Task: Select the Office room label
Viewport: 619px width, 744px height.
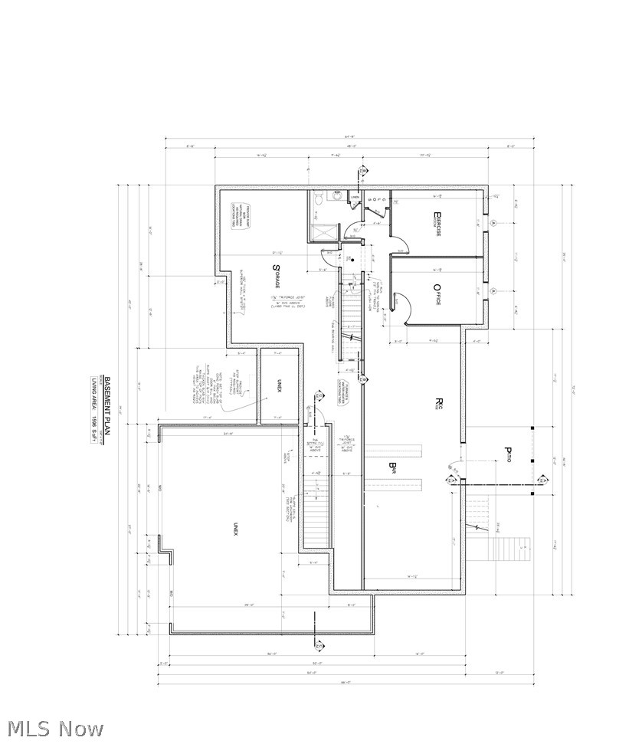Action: click(437, 295)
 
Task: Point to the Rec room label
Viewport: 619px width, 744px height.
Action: click(440, 403)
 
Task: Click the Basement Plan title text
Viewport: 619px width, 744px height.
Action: click(108, 406)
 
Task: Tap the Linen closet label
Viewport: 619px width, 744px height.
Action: click(355, 198)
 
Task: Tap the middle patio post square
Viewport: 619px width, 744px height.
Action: click(532, 460)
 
